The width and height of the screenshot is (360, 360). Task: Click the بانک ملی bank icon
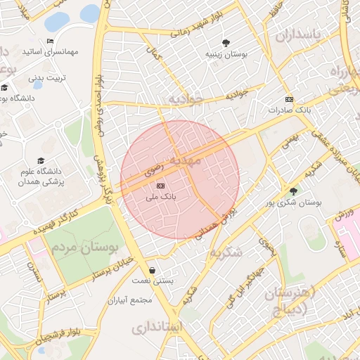[x=161, y=185]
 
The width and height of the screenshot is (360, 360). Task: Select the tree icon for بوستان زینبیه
[x=226, y=42]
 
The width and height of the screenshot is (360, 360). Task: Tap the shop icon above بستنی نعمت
[x=153, y=270]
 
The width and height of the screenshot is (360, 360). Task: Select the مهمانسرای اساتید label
[x=70, y=52]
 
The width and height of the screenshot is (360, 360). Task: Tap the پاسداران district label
[x=297, y=35]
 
